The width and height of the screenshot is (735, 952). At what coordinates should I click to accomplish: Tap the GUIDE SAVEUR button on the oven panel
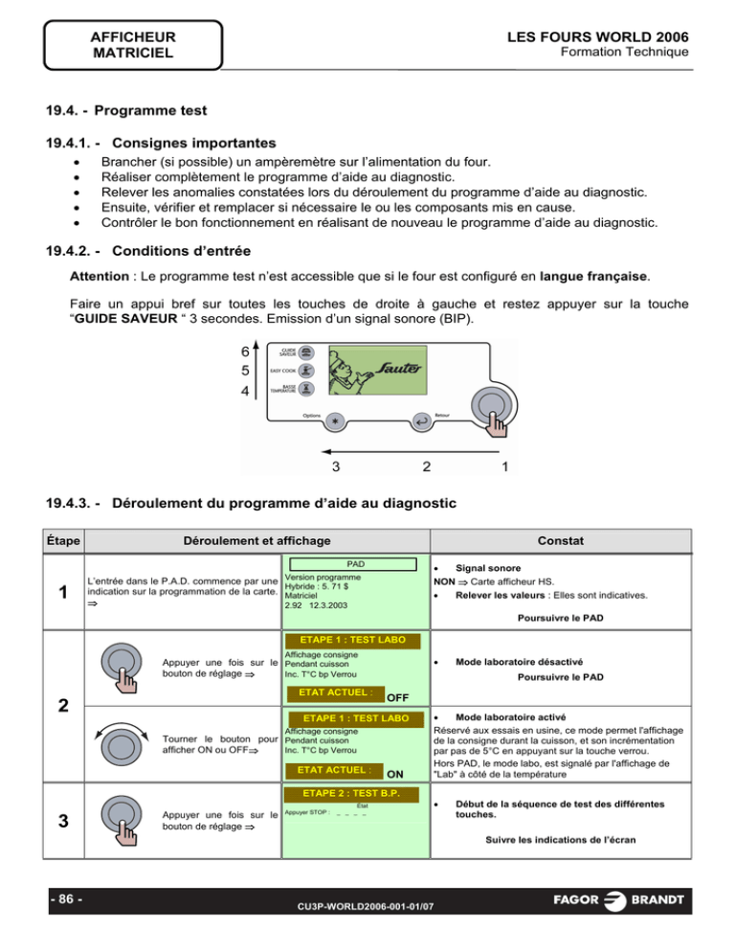tap(304, 352)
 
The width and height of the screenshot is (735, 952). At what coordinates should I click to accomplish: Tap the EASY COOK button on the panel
tap(304, 370)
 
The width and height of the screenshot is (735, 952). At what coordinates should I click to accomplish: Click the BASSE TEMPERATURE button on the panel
tap(304, 389)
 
